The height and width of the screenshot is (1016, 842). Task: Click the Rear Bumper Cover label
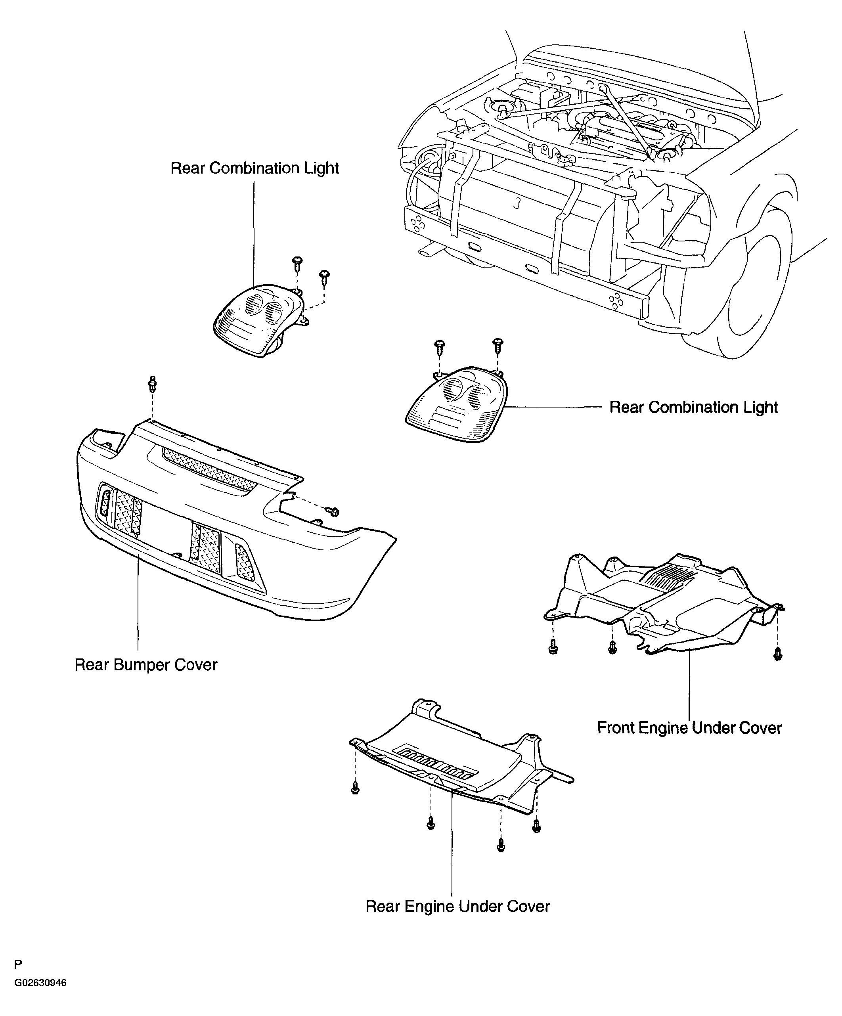coord(145,665)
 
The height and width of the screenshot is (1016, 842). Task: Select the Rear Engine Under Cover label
coord(457,906)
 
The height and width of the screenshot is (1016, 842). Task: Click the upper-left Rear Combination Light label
coord(255,168)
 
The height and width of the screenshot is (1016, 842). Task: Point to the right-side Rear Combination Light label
coord(693,408)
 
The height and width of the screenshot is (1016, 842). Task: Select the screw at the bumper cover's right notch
coord(333,511)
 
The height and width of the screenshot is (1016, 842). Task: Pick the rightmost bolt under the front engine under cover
coord(778,654)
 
